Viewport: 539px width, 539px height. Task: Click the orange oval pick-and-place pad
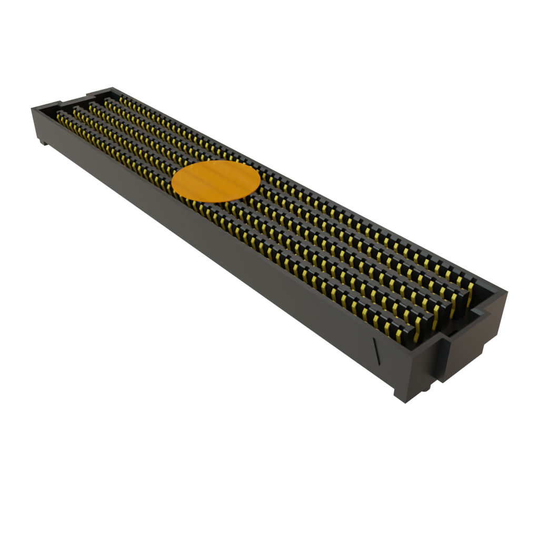(x=216, y=182)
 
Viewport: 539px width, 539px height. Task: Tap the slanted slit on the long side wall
(x=376, y=350)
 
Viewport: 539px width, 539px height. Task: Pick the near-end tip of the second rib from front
(x=433, y=320)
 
